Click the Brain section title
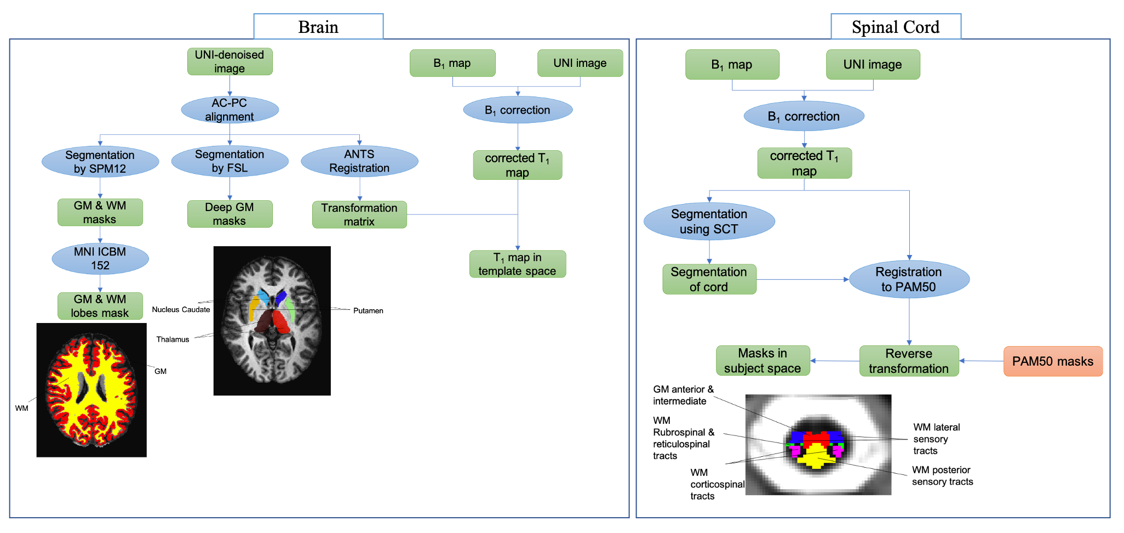coord(318,27)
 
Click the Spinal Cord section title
coord(896,27)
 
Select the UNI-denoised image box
coord(230,61)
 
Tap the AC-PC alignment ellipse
coord(230,110)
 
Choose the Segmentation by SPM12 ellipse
coord(100,162)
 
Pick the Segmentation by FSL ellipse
coord(230,161)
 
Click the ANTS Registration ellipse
coord(359,161)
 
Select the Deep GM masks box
coord(230,214)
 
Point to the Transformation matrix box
coord(359,214)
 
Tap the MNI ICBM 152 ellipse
coord(100,258)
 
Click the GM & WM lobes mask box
coord(100,306)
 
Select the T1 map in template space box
coord(517,264)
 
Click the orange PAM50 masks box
coord(1052,361)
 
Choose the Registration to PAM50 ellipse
coord(909,279)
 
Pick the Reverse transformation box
coord(909,361)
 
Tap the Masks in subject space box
coord(762,361)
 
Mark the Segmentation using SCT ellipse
coord(709,222)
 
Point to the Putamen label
coord(368,310)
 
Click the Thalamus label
coord(173,339)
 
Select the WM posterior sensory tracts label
coord(942,476)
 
